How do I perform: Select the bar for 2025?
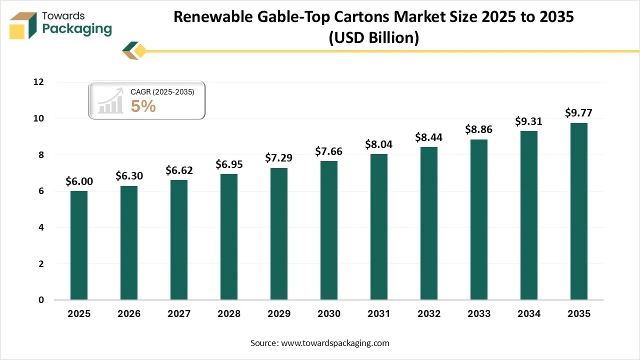click(79, 245)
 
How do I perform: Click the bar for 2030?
click(329, 230)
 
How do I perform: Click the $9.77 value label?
click(578, 112)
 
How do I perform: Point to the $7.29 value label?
click(278, 158)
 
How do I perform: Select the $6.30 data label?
click(129, 176)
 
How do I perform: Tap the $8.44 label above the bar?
click(429, 137)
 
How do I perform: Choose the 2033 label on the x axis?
click(479, 314)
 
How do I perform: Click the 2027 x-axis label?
click(179, 314)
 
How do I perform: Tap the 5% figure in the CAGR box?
click(143, 106)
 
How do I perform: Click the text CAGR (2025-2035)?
click(162, 92)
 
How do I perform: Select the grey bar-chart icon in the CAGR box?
click(111, 101)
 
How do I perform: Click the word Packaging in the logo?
click(77, 29)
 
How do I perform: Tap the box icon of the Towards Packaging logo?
click(23, 25)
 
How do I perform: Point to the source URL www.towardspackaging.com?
click(335, 343)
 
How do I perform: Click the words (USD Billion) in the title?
click(373, 38)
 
